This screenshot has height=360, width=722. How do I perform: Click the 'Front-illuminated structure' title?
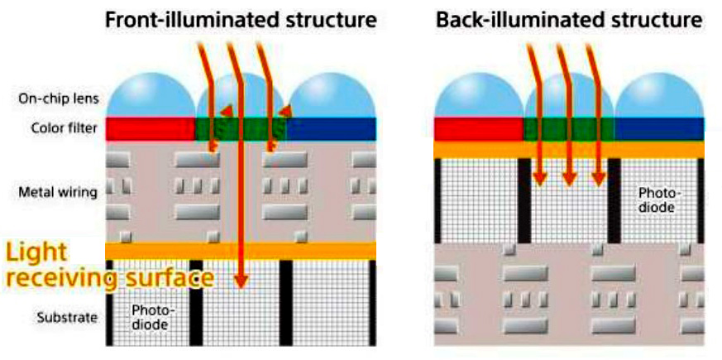point(241,19)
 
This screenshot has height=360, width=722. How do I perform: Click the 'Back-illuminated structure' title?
point(570,19)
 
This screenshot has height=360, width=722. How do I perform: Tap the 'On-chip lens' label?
point(59,98)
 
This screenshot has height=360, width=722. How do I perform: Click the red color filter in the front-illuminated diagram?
point(150,127)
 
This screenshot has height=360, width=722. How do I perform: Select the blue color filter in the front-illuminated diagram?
point(331,127)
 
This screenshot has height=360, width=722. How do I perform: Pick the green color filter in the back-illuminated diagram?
point(569,128)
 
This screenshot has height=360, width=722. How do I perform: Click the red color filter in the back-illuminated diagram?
point(479,128)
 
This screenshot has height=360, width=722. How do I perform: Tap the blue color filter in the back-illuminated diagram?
point(658,128)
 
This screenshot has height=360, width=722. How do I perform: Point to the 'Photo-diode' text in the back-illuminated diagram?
point(657,199)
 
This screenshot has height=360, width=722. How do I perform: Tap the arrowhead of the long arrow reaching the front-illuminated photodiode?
point(241,281)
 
